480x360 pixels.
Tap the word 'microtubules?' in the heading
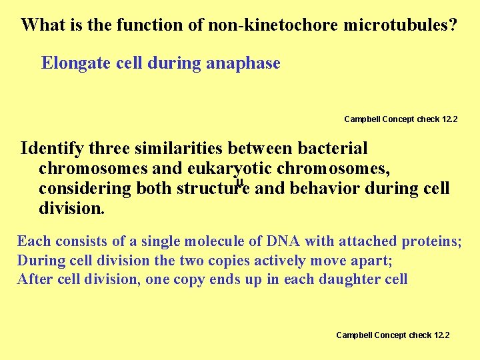pyautogui.click(x=401, y=25)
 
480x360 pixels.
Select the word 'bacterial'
pyautogui.click(x=333, y=148)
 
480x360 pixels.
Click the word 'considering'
pyautogui.click(x=85, y=189)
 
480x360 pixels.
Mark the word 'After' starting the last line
pyautogui.click(x=35, y=279)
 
